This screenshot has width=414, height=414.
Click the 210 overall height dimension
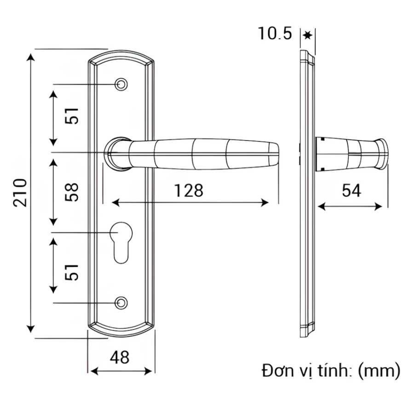point(21,192)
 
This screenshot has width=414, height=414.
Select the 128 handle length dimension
point(189,190)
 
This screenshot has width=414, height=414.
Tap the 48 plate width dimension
point(120,357)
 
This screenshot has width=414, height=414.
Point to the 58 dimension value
point(72,192)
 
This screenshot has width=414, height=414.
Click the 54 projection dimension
point(351,190)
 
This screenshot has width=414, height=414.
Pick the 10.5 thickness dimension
point(275,34)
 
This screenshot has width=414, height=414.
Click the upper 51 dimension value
point(72,115)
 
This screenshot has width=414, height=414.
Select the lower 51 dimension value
point(72,272)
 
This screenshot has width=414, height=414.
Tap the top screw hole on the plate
point(121,85)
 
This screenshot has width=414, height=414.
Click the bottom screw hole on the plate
point(121,303)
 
